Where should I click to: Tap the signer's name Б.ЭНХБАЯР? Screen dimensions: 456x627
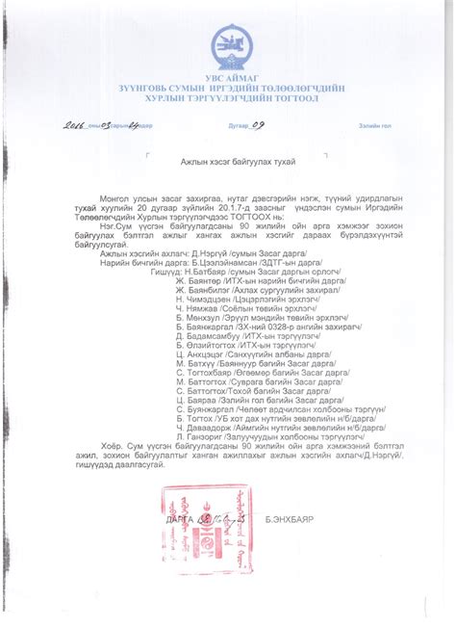click(x=290, y=518)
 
